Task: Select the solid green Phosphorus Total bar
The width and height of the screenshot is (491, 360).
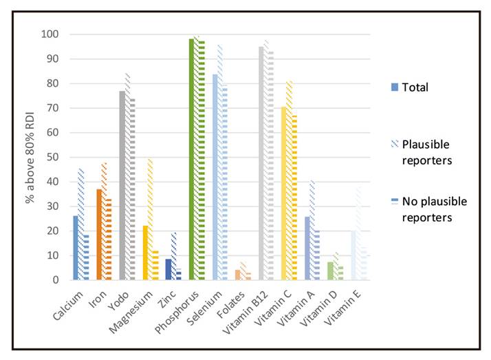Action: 192,159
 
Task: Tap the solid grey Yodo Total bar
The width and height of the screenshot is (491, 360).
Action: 122,185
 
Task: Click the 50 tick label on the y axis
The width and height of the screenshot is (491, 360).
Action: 52,157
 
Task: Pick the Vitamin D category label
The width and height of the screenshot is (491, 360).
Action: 325,307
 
